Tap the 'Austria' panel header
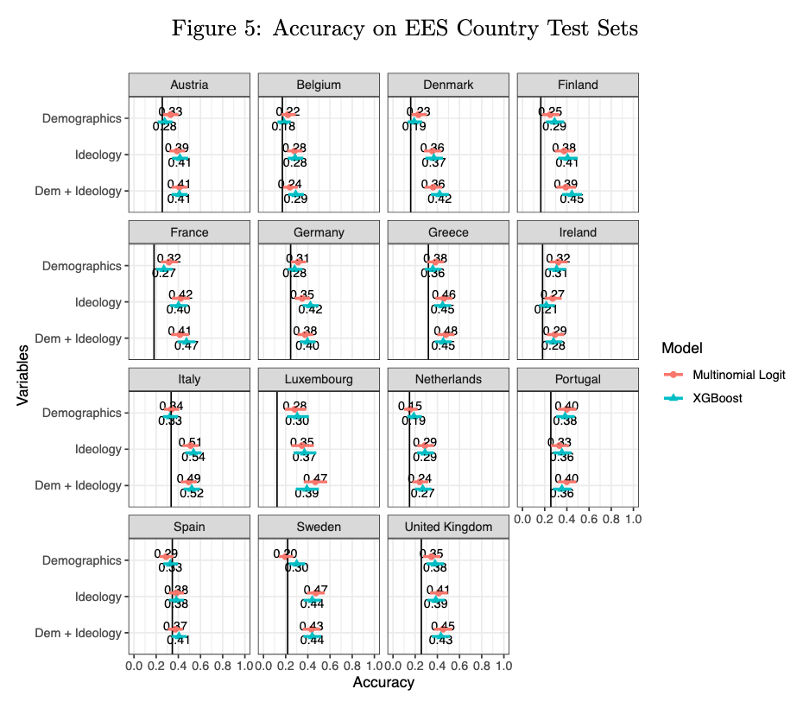coord(189,85)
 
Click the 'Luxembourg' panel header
coord(319,379)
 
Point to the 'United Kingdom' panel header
coord(448,527)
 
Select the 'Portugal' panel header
coord(578,379)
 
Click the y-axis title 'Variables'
coord(24,375)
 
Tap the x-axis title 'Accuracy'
coord(383,683)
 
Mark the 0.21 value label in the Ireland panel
coord(545,309)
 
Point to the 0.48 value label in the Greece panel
coord(445,332)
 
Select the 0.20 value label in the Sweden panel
coord(285,553)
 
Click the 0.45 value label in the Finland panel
coord(572,199)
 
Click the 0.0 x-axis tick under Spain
coord(134,667)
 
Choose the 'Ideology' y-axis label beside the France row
coord(99,302)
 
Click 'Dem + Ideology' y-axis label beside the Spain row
coord(78,633)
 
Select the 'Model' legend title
coord(681,348)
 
